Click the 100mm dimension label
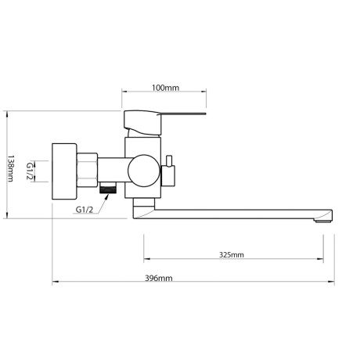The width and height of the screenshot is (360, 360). point(165,88)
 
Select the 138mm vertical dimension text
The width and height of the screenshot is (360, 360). point(10,168)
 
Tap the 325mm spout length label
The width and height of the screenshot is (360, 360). point(232,254)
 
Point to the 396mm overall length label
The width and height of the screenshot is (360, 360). point(159,278)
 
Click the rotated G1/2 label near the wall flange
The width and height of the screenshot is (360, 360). point(31,171)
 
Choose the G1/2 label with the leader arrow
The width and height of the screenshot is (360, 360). point(85,210)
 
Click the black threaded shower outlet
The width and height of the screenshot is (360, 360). point(108,188)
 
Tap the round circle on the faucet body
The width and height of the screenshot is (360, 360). point(144,171)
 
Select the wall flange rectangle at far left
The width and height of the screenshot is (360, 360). point(64,171)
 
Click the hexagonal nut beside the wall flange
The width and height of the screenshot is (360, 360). point(87,170)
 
